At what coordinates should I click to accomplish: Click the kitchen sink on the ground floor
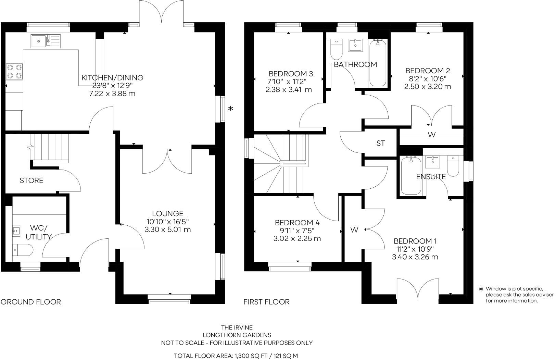(45, 41)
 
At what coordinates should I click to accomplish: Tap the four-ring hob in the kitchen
(14, 71)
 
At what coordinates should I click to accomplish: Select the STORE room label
(31, 181)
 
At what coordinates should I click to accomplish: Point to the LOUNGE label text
(168, 213)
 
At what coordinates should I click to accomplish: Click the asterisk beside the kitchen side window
(231, 109)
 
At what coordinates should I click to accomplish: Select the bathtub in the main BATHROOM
(378, 63)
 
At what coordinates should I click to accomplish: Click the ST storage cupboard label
(380, 144)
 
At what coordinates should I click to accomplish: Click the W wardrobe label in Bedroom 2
(432, 135)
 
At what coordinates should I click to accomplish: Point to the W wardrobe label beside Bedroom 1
(354, 230)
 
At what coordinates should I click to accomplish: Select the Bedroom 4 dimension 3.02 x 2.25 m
(297, 239)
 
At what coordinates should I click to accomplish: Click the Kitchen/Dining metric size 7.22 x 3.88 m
(112, 94)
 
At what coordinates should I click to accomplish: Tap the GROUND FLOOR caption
(31, 302)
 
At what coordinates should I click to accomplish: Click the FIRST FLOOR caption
(266, 302)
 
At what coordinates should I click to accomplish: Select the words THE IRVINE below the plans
(237, 328)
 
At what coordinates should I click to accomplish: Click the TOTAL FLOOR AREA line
(236, 356)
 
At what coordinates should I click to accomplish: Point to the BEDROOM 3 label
(291, 74)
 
